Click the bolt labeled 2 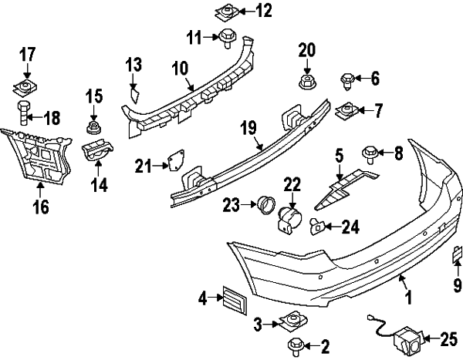coord(296,345)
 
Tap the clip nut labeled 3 coord(292,320)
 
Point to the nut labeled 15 coord(93,124)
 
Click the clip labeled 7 coord(348,111)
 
